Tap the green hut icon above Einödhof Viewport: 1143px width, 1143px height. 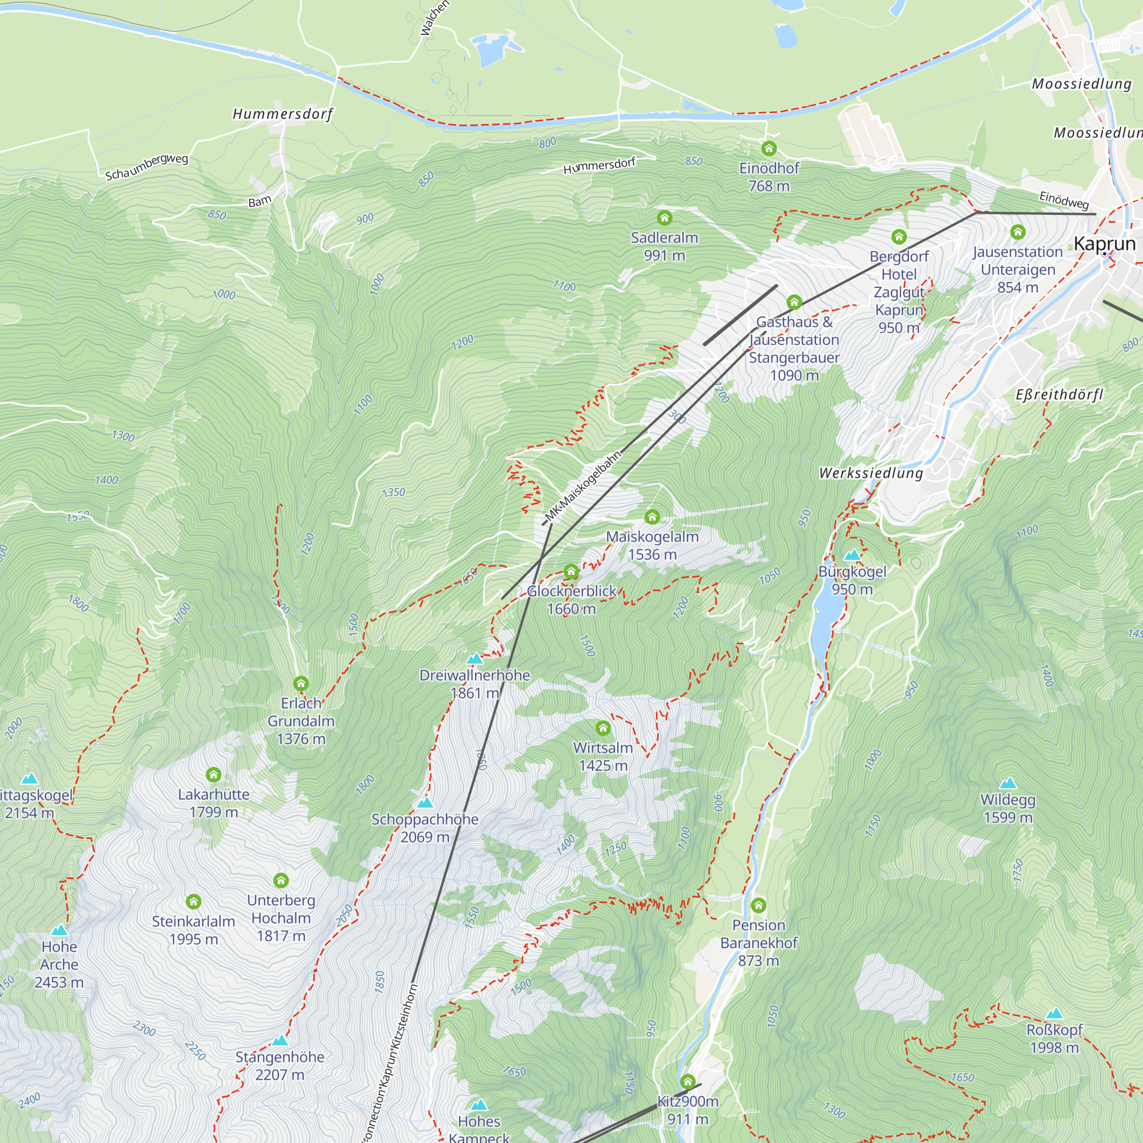click(x=769, y=148)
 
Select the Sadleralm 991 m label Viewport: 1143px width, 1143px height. click(x=665, y=246)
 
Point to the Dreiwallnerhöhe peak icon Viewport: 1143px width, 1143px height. click(x=474, y=658)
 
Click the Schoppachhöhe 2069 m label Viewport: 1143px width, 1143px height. click(x=425, y=828)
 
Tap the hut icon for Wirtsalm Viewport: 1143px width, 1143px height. click(x=603, y=727)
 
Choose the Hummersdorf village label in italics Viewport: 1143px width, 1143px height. click(x=283, y=114)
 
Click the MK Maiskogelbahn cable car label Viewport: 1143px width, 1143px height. click(x=583, y=486)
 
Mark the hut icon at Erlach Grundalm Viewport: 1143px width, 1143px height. click(x=301, y=684)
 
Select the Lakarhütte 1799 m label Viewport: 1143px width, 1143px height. click(x=214, y=803)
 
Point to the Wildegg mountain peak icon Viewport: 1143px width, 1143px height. click(x=1008, y=784)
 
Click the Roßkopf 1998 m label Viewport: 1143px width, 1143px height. click(x=1054, y=1038)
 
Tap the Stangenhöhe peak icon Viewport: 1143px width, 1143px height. click(x=280, y=1040)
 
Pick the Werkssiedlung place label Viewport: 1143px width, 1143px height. click(x=871, y=473)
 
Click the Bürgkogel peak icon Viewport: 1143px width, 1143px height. click(x=852, y=555)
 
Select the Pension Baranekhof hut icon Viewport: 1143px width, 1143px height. click(x=758, y=905)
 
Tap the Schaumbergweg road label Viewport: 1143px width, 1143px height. click(x=147, y=167)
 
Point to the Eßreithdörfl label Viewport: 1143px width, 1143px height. click(x=1059, y=394)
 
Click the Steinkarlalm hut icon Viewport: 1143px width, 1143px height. click(x=194, y=902)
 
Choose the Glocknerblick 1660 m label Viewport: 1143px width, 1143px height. click(x=571, y=600)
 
